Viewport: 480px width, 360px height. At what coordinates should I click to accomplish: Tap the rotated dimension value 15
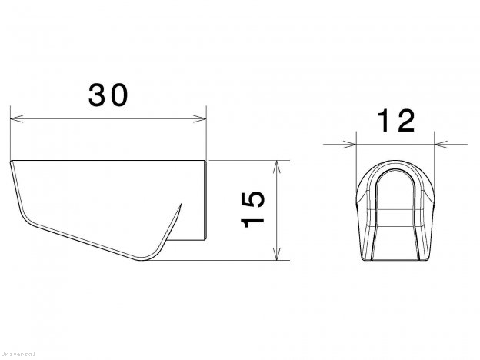pyautogui.click(x=253, y=209)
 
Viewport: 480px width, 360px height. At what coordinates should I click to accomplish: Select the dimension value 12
pyautogui.click(x=395, y=121)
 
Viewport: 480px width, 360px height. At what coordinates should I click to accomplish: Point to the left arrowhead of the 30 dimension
pyautogui.click(x=14, y=119)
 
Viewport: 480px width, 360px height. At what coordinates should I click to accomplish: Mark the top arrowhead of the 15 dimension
pyautogui.click(x=277, y=164)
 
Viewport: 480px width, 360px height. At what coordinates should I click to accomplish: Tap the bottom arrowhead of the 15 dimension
pyautogui.click(x=277, y=256)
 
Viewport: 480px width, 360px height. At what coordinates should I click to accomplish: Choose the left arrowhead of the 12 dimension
pyautogui.click(x=353, y=143)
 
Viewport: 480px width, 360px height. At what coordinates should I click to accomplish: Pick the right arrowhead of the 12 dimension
pyautogui.click(x=439, y=143)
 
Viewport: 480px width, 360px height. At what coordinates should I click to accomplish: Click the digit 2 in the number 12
pyautogui.click(x=405, y=121)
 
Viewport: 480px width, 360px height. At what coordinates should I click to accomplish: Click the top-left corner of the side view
pyautogui.click(x=11, y=162)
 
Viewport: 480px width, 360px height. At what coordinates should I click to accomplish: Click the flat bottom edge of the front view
pyautogui.click(x=396, y=260)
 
